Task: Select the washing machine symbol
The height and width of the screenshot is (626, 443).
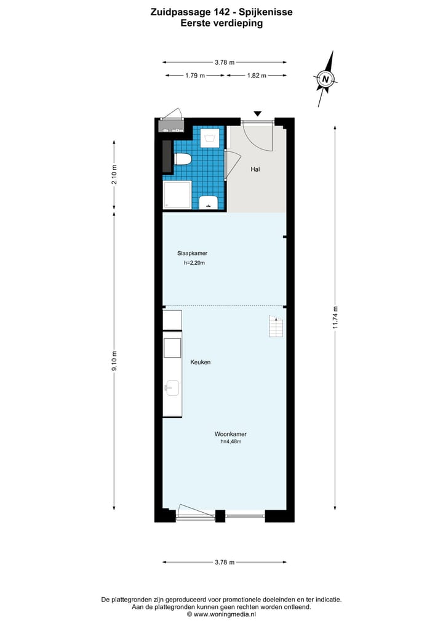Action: [209, 137]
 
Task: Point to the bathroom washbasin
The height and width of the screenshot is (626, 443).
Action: [209, 203]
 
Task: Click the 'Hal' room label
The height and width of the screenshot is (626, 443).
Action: [255, 169]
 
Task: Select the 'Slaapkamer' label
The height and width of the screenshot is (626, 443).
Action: [192, 253]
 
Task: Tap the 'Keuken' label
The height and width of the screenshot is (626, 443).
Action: [201, 362]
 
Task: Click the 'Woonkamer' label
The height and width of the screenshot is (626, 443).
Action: [231, 434]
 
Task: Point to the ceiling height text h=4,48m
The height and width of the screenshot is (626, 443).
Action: [231, 441]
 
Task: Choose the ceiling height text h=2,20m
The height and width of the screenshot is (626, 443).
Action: [194, 263]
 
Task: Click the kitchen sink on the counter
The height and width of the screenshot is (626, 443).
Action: [172, 388]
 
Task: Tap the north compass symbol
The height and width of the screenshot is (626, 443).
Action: [325, 79]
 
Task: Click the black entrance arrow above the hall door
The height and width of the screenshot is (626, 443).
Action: [258, 113]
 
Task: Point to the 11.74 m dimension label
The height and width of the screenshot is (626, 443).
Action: [335, 318]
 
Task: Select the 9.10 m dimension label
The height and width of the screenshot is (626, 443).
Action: [114, 361]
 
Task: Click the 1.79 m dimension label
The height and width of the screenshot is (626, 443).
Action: [195, 75]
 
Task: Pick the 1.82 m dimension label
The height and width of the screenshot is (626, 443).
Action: [257, 75]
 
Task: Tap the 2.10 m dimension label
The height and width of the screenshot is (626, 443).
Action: [114, 176]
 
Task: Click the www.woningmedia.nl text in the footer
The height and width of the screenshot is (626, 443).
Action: [224, 614]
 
